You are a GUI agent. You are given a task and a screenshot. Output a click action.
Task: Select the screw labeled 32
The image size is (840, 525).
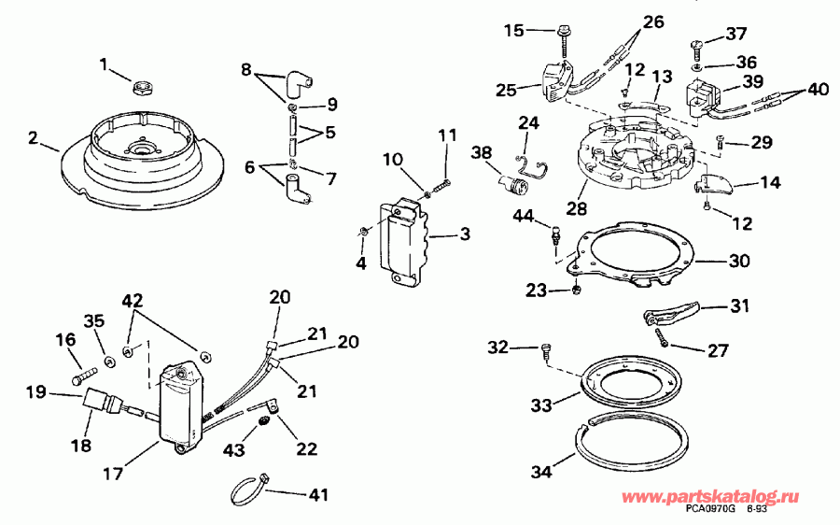548,351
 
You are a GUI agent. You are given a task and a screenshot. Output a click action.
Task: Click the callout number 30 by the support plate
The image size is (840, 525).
738,262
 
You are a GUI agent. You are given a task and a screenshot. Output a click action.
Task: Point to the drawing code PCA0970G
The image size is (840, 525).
710,508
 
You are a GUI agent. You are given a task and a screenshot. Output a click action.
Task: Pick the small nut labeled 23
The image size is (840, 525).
579,289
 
